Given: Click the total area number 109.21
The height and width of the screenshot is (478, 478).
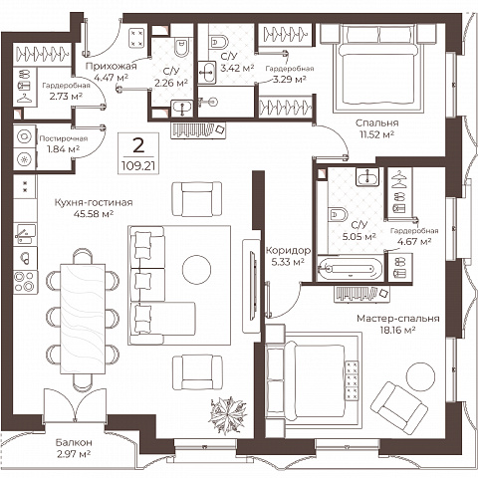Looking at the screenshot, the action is point(138,165).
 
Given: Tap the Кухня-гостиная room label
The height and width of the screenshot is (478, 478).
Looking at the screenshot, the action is point(94,202).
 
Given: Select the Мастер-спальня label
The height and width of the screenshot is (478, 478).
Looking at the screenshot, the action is point(398,319).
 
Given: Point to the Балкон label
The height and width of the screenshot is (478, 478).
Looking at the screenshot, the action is point(74,442).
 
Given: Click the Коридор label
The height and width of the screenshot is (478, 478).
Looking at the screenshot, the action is point(289,250).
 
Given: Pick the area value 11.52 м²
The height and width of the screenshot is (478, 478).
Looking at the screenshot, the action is point(376,134).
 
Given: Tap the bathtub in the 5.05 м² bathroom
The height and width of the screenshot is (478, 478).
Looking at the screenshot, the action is point(351,269).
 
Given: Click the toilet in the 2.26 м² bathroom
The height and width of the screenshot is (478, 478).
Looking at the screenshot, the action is point(181,48).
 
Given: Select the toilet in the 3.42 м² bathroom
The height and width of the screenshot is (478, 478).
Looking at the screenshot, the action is point(220,42).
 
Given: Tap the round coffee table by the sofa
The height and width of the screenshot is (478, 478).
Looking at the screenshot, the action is point(196,269).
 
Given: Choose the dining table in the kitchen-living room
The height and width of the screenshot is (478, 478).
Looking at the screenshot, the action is point(83,319).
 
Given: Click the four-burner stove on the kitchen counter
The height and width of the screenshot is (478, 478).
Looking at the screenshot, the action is point(25,282).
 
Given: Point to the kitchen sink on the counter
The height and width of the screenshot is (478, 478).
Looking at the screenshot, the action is point(25,234).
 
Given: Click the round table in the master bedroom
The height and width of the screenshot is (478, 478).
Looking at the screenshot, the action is point(420,376).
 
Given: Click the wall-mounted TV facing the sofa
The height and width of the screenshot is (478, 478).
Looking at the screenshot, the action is point(253,286).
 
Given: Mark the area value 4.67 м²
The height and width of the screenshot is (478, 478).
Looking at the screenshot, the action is point(414,241).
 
